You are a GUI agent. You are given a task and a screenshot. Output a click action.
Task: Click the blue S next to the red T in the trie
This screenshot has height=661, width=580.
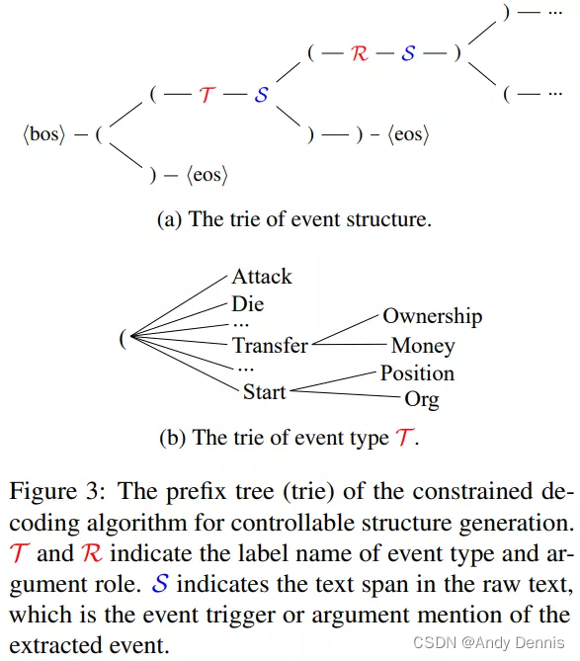tap(262, 96)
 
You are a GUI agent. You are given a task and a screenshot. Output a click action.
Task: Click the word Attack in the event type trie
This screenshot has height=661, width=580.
tap(262, 277)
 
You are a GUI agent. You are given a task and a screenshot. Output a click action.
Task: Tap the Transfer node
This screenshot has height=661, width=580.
tap(270, 346)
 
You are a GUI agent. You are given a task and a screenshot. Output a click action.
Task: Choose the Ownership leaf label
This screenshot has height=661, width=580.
tap(433, 317)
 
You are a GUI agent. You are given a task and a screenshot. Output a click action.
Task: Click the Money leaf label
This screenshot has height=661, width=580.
tap(423, 346)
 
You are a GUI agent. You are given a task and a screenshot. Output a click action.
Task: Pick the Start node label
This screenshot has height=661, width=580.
tap(264, 392)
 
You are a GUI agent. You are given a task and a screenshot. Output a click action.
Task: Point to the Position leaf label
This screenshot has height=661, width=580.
tap(417, 373)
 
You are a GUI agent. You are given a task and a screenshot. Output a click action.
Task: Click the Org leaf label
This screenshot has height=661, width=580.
tap(422, 400)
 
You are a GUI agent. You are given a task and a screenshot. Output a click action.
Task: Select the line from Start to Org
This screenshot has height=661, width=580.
tap(346, 395)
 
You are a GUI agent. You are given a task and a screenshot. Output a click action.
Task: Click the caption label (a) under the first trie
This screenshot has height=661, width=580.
tap(170, 219)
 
